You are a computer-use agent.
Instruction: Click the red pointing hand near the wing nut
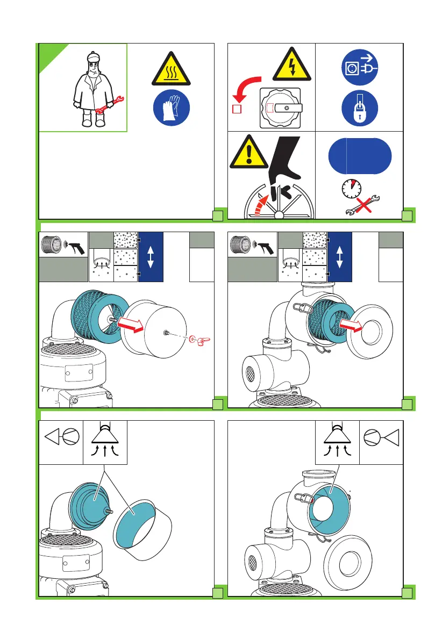[x=203, y=339]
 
